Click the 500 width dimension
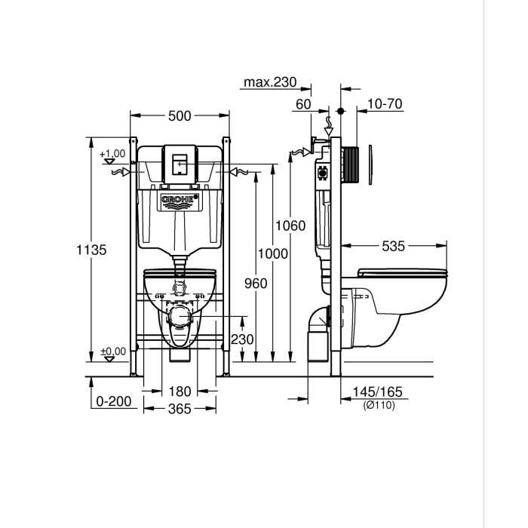coord(180,115)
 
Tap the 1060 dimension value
coord(290,226)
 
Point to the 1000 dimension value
coord(272,253)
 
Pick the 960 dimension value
coord(256,283)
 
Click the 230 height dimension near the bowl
coord(242,339)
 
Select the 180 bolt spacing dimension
coord(180,391)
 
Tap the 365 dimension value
coord(180,409)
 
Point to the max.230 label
coord(270,82)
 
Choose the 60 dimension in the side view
coord(303,104)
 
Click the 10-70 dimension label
coord(385,104)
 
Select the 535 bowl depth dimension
coord(393,246)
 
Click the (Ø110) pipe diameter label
coord(378,405)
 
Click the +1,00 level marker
coord(112,154)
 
